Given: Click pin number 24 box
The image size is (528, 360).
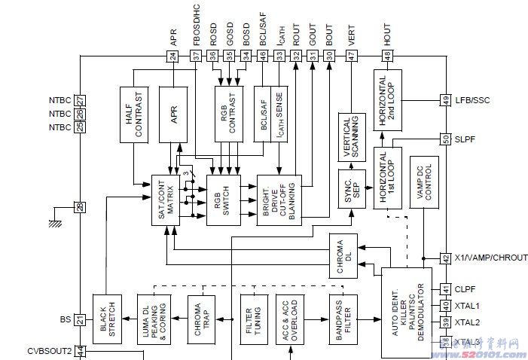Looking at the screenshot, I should (173, 55).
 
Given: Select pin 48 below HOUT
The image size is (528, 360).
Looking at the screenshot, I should (387, 55).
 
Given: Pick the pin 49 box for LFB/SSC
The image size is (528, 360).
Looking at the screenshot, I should (445, 99).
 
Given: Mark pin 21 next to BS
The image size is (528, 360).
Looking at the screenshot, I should (80, 319).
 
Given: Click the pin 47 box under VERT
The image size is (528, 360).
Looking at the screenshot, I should (352, 55).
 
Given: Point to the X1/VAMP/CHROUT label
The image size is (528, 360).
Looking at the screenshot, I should (490, 258).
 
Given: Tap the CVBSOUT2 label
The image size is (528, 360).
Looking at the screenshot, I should (49, 350).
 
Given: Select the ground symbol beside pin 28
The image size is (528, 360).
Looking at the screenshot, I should (55, 222).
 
